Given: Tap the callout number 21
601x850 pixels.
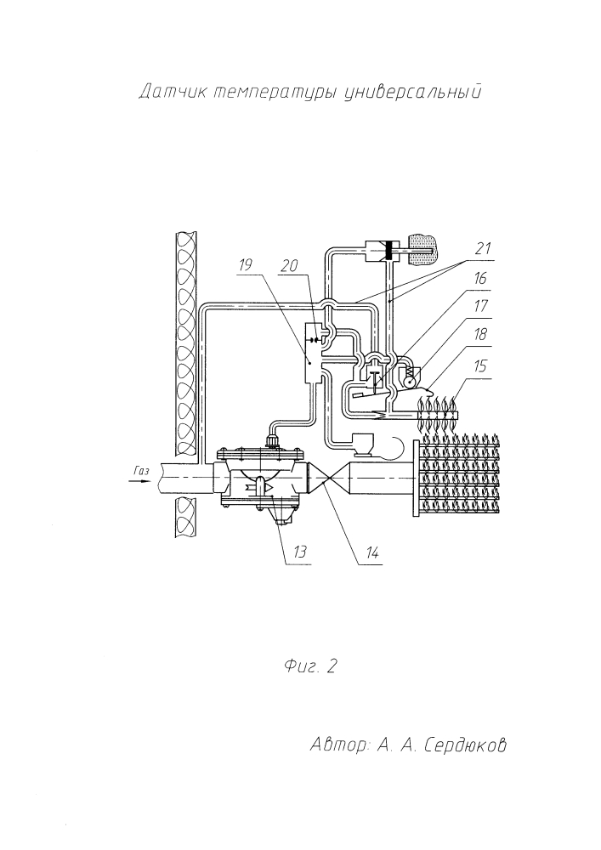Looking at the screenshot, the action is pyautogui.click(x=482, y=249).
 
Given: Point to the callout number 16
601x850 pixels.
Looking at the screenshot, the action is pyautogui.click(x=479, y=279).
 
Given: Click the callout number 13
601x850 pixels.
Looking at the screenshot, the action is pyautogui.click(x=300, y=552).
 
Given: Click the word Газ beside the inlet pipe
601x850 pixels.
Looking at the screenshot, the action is pyautogui.click(x=141, y=470).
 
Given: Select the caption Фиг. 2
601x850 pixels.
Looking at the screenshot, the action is pyautogui.click(x=310, y=666).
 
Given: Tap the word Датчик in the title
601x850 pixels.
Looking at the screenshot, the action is pyautogui.click(x=173, y=92).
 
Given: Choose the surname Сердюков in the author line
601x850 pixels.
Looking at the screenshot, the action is pyautogui.click(x=466, y=745).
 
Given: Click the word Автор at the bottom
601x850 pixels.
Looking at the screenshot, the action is pyautogui.click(x=338, y=745).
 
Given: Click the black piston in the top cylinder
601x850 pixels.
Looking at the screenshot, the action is pyautogui.click(x=388, y=250).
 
